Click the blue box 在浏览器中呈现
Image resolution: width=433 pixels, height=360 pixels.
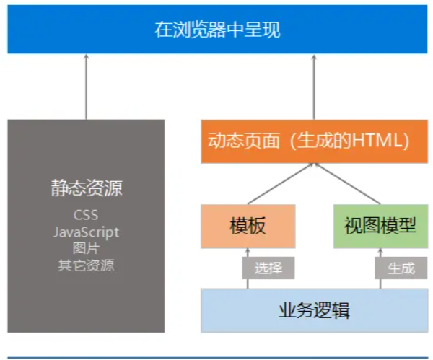217,30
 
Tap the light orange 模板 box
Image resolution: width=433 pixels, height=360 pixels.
248,227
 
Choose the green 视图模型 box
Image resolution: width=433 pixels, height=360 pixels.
380,227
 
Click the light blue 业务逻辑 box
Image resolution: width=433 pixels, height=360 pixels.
314,310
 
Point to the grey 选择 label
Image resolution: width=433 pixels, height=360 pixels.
268,268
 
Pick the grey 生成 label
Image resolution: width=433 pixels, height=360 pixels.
401,268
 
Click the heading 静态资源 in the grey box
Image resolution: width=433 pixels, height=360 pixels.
86,189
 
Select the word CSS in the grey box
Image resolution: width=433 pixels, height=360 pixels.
86,215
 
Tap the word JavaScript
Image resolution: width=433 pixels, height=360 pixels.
86,232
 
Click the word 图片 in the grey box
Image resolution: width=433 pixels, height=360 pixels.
86,248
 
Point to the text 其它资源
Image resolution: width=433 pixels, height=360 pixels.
86,265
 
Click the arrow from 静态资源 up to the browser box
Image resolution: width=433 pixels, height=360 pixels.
86,87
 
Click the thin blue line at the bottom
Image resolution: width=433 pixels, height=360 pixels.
216,356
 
